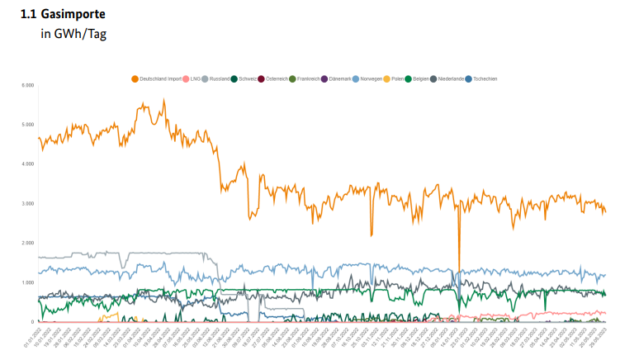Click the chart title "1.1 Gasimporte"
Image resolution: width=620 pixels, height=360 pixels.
point(63,15)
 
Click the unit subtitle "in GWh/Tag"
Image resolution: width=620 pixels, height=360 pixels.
point(73,34)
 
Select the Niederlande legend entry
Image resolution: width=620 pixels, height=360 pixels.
point(455,78)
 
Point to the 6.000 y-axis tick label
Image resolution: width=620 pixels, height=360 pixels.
point(27,85)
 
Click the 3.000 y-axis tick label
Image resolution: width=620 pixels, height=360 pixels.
point(27,203)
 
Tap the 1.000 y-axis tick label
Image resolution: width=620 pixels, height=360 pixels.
point(27,282)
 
